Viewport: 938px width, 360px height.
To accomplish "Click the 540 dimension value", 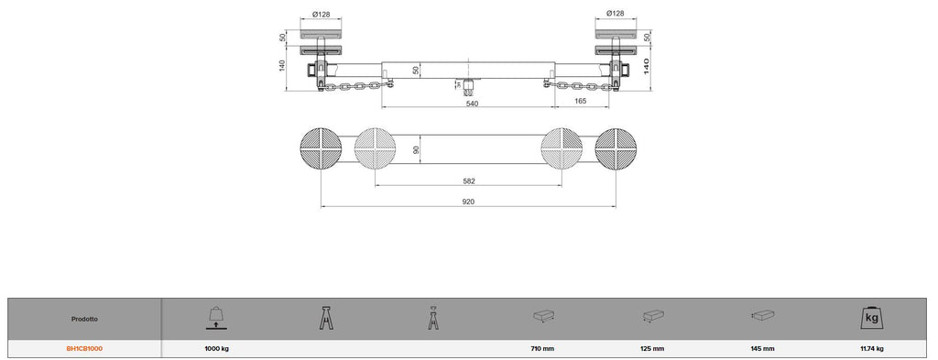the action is click(472, 103).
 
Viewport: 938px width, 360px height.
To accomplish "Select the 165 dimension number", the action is click(580, 101).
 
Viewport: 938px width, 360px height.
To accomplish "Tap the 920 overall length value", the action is click(468, 202).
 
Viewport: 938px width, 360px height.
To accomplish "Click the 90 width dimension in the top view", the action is click(417, 148).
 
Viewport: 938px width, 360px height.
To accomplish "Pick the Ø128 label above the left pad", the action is click(322, 13).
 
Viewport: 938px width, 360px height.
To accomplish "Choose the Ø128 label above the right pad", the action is click(616, 13).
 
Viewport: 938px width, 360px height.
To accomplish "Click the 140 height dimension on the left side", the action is click(282, 65).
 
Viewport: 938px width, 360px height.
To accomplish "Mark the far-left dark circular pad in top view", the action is click(321, 148).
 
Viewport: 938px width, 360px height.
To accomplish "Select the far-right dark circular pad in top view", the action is click(616, 148).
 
